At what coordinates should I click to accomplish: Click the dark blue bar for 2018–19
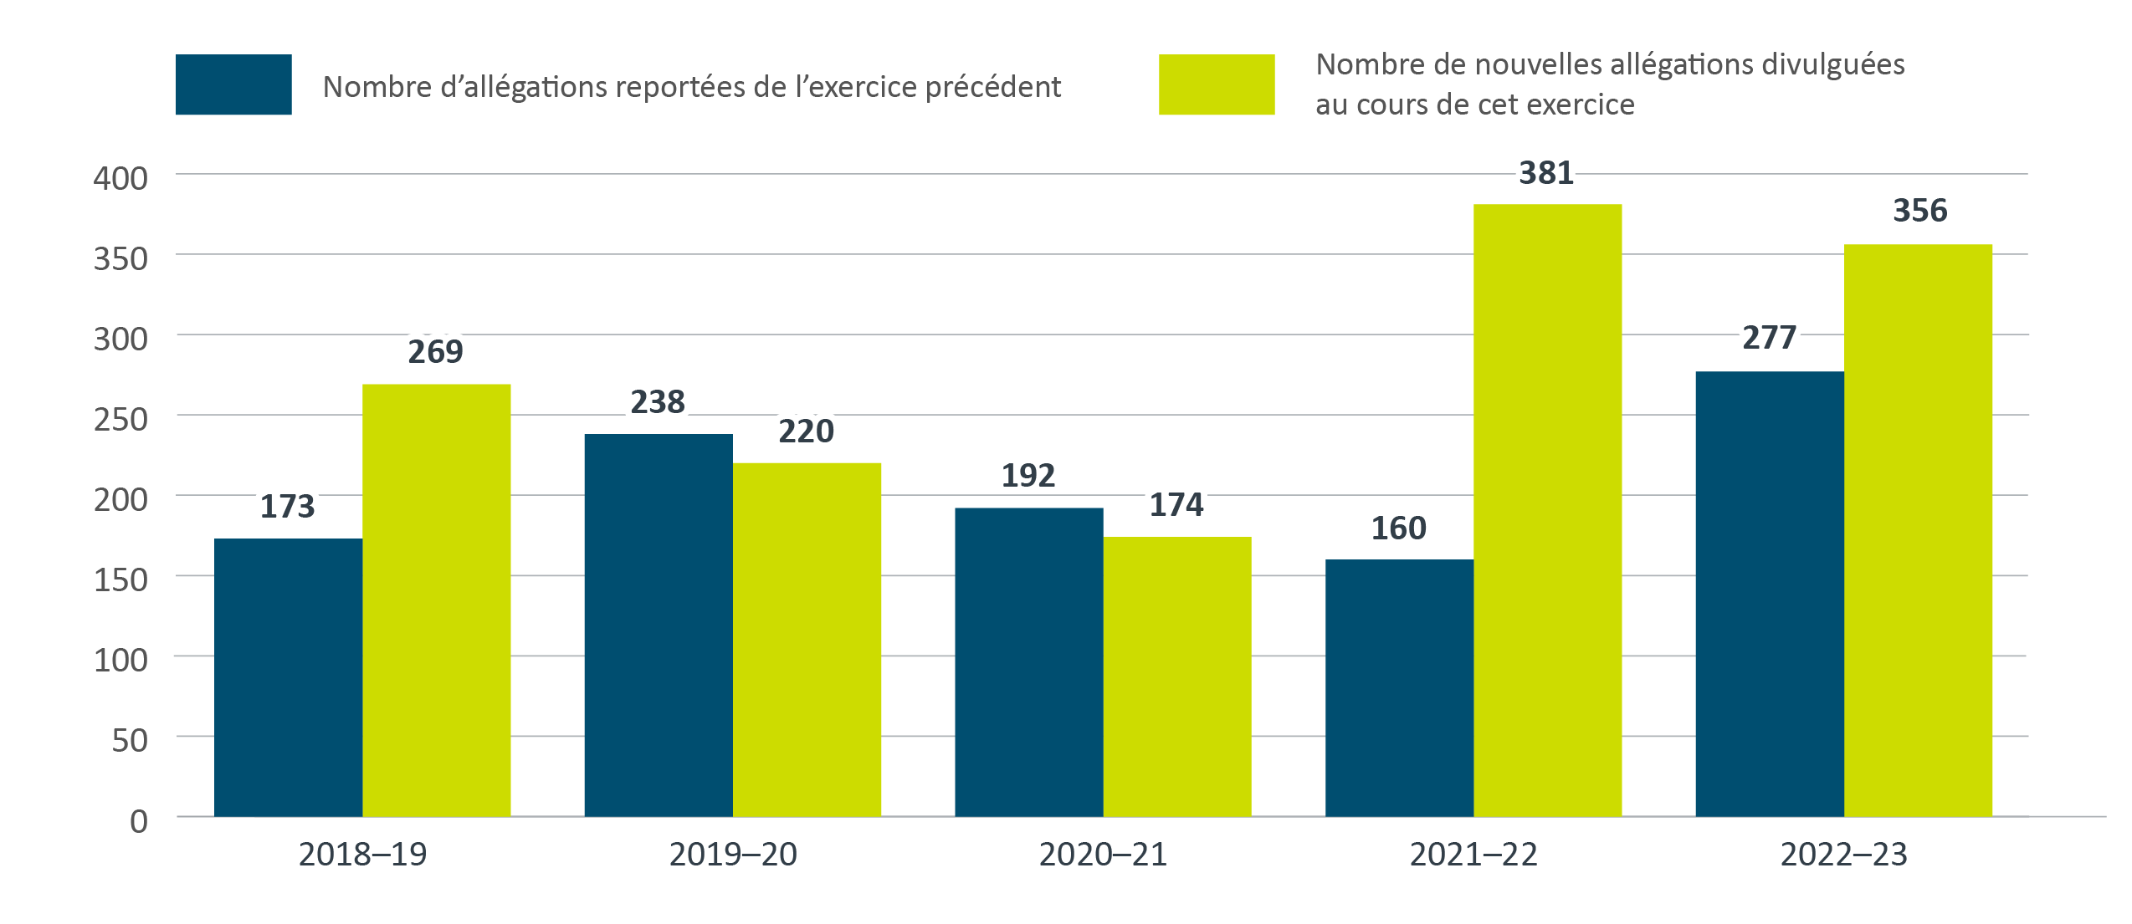(x=288, y=677)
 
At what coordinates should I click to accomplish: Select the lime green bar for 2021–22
(x=1547, y=510)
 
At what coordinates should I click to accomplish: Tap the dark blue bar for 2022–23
(x=1770, y=594)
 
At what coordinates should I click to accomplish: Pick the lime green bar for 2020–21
(x=1177, y=676)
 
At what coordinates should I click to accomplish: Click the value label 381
(x=1546, y=173)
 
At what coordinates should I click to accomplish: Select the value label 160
(x=1398, y=528)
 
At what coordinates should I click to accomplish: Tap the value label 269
(x=435, y=352)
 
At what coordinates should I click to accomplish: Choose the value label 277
(x=1769, y=338)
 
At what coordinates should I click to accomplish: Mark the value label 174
(x=1176, y=505)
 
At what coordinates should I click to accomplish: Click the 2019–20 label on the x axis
(x=733, y=855)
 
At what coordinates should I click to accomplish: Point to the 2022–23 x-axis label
(x=1843, y=855)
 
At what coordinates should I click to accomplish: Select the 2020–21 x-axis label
(x=1103, y=855)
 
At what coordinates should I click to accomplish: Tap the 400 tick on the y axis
(x=120, y=178)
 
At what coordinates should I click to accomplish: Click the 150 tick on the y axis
(x=120, y=579)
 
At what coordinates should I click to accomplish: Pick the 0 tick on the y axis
(x=139, y=821)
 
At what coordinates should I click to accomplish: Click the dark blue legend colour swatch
(x=233, y=84)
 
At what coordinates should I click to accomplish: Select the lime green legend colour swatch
(x=1217, y=84)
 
